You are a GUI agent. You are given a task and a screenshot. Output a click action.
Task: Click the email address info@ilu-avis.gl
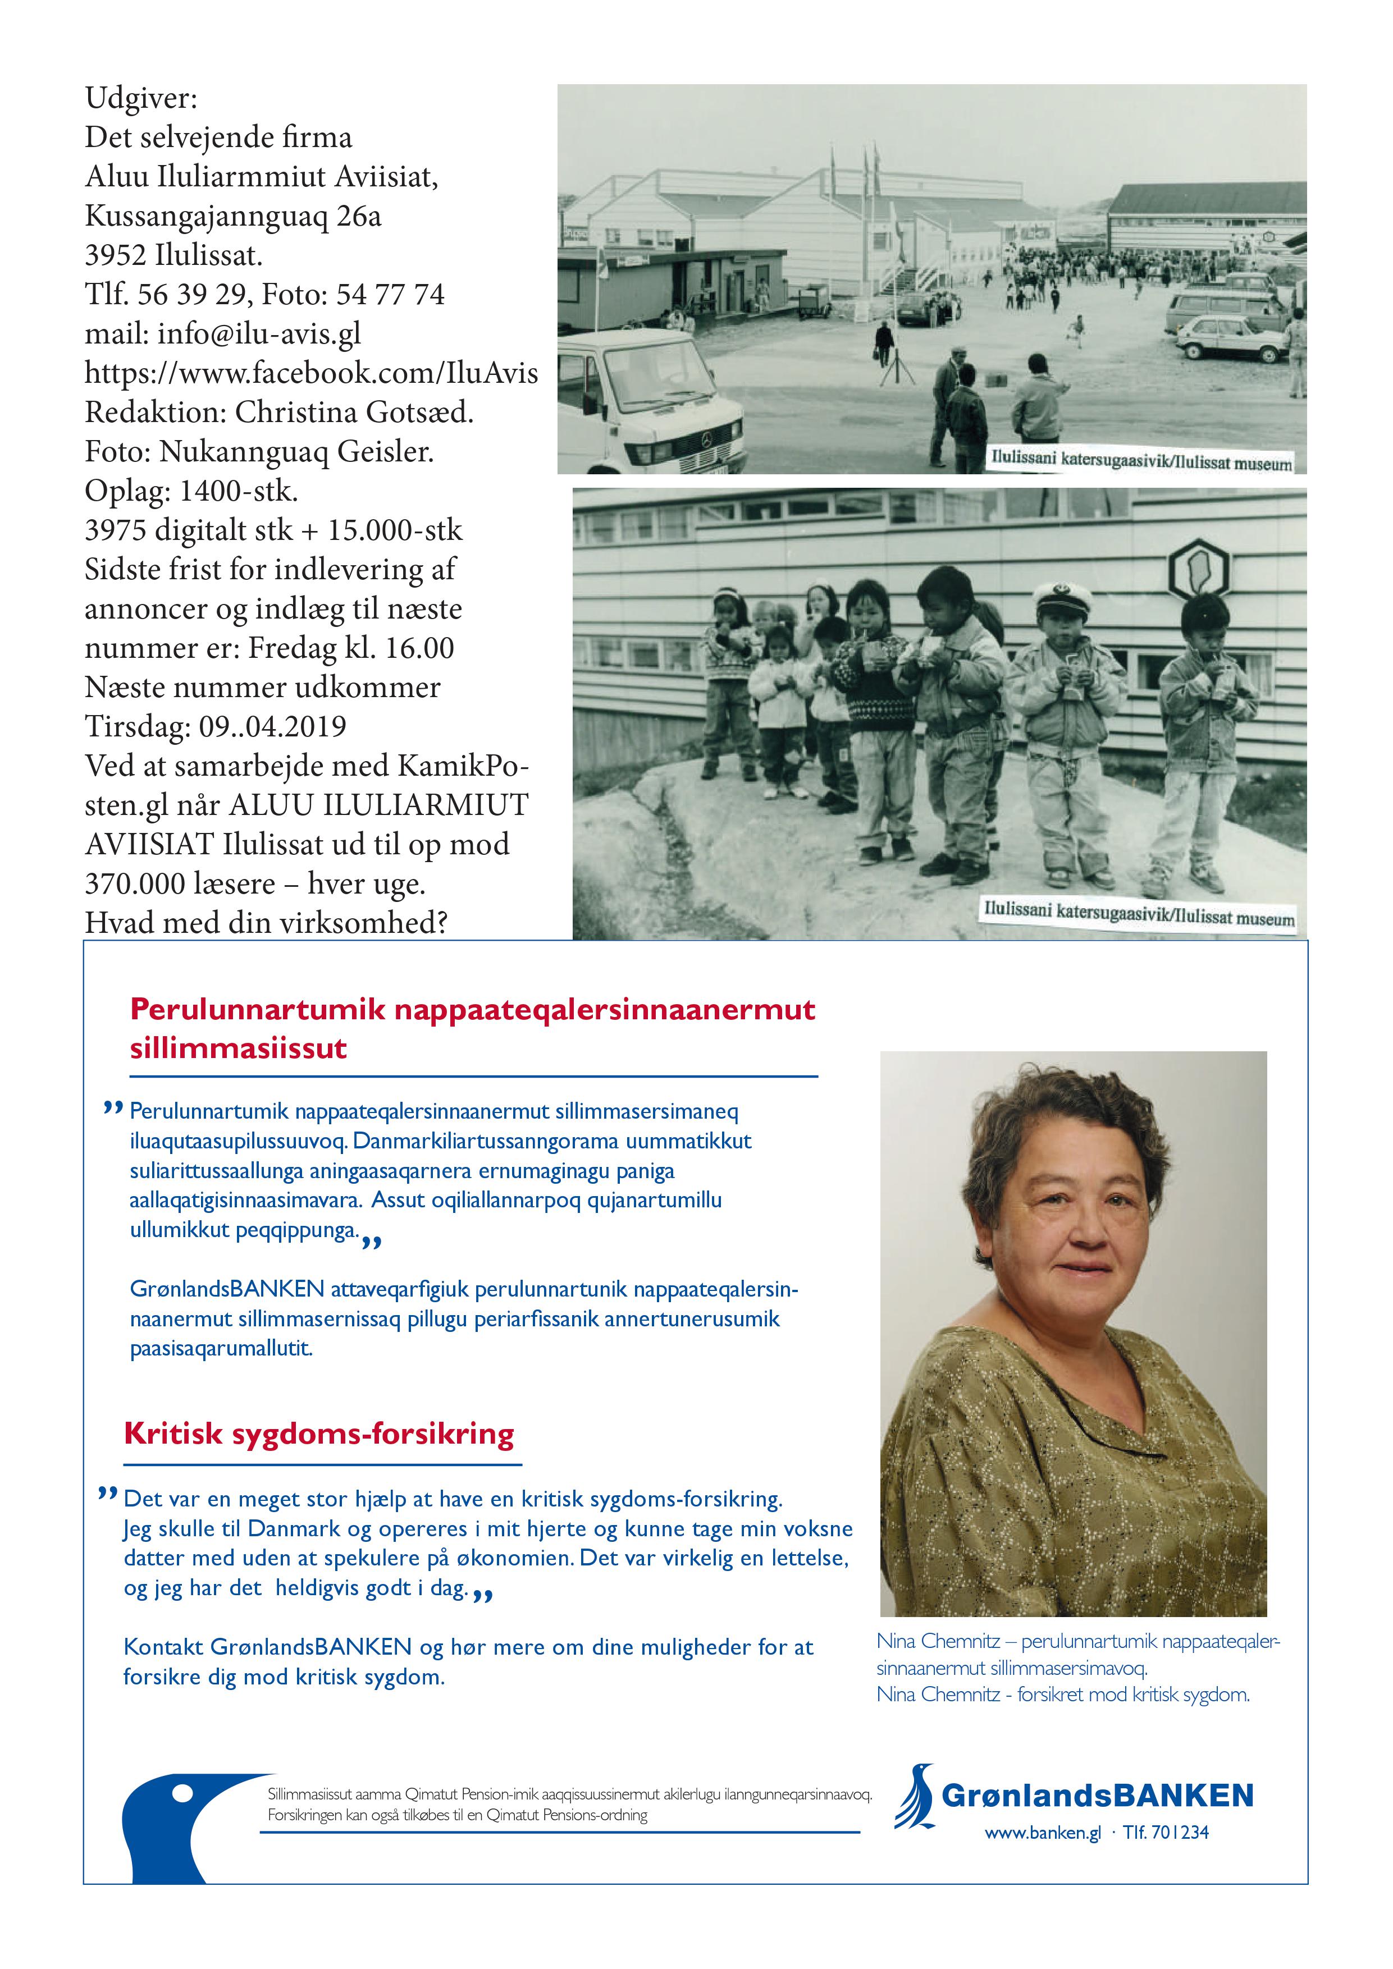pos(259,333)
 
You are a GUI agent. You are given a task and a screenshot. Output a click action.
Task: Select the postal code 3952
pos(117,255)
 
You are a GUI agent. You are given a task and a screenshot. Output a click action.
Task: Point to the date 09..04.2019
pos(273,726)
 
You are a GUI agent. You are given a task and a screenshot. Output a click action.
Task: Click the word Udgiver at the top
pos(141,99)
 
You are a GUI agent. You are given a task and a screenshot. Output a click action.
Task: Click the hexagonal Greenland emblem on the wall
pos(1198,567)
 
